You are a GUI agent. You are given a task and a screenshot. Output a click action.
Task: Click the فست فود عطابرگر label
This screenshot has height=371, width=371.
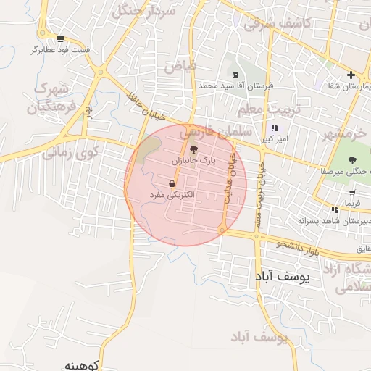(x=60, y=50)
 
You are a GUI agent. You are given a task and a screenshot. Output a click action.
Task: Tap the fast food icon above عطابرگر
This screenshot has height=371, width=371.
(x=60, y=38)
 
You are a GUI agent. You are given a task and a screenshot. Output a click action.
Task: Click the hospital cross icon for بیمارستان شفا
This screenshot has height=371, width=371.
(x=351, y=75)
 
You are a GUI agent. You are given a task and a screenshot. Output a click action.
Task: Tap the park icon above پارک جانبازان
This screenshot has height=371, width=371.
(x=193, y=148)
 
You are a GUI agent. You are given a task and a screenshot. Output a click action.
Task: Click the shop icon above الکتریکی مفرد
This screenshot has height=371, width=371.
(x=172, y=184)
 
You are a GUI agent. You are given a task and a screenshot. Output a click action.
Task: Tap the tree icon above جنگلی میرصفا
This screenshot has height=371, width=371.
(x=352, y=160)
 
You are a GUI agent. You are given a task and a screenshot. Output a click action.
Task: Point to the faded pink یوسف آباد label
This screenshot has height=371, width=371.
(x=259, y=338)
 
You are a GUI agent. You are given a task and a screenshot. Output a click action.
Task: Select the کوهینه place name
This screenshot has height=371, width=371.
(x=86, y=364)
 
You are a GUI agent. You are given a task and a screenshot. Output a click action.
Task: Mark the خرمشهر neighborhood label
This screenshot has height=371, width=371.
(x=346, y=135)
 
